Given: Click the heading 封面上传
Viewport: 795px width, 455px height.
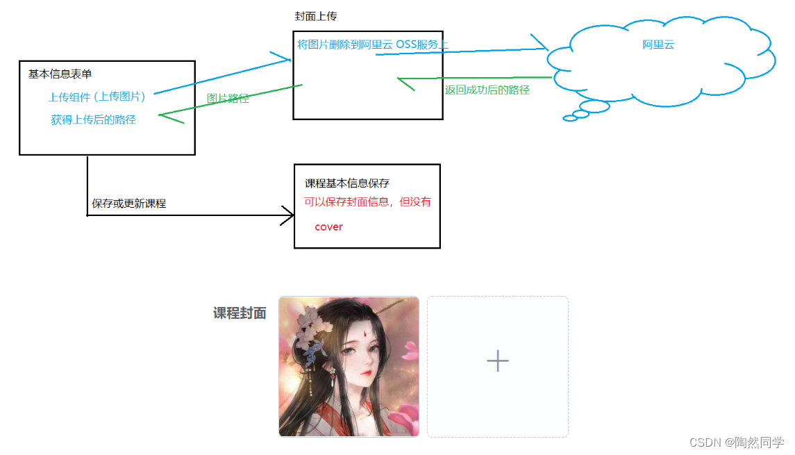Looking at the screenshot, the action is tap(316, 16).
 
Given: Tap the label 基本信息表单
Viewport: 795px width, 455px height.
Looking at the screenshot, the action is tap(60, 74).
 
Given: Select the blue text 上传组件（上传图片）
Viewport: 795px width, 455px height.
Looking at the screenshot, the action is tap(97, 97).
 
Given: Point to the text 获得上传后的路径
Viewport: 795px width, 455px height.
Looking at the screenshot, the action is tap(93, 119).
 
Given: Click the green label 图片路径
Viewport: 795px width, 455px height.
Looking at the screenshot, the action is tap(228, 99).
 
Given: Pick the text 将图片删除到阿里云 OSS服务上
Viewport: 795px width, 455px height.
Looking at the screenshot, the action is tap(373, 44).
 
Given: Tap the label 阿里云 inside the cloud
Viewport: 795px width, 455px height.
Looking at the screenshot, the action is tap(658, 44).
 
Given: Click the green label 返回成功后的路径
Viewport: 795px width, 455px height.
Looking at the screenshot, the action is tap(487, 90).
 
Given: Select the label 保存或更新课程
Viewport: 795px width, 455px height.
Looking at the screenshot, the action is tap(128, 204).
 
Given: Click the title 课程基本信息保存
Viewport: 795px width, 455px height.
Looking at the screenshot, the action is tap(346, 183).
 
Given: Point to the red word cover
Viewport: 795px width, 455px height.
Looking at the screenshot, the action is tap(328, 226).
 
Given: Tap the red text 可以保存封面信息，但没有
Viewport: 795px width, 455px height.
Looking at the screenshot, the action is tap(367, 202).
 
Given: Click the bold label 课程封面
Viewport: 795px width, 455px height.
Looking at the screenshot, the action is tap(240, 313).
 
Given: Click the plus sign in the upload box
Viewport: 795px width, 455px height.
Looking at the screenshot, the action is tap(497, 361).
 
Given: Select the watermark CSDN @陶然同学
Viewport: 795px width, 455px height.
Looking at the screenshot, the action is tap(737, 442).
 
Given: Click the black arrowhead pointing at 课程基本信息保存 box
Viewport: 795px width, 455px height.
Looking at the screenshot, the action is tap(289, 215).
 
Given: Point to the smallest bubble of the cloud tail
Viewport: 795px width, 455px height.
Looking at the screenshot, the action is tap(570, 118).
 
